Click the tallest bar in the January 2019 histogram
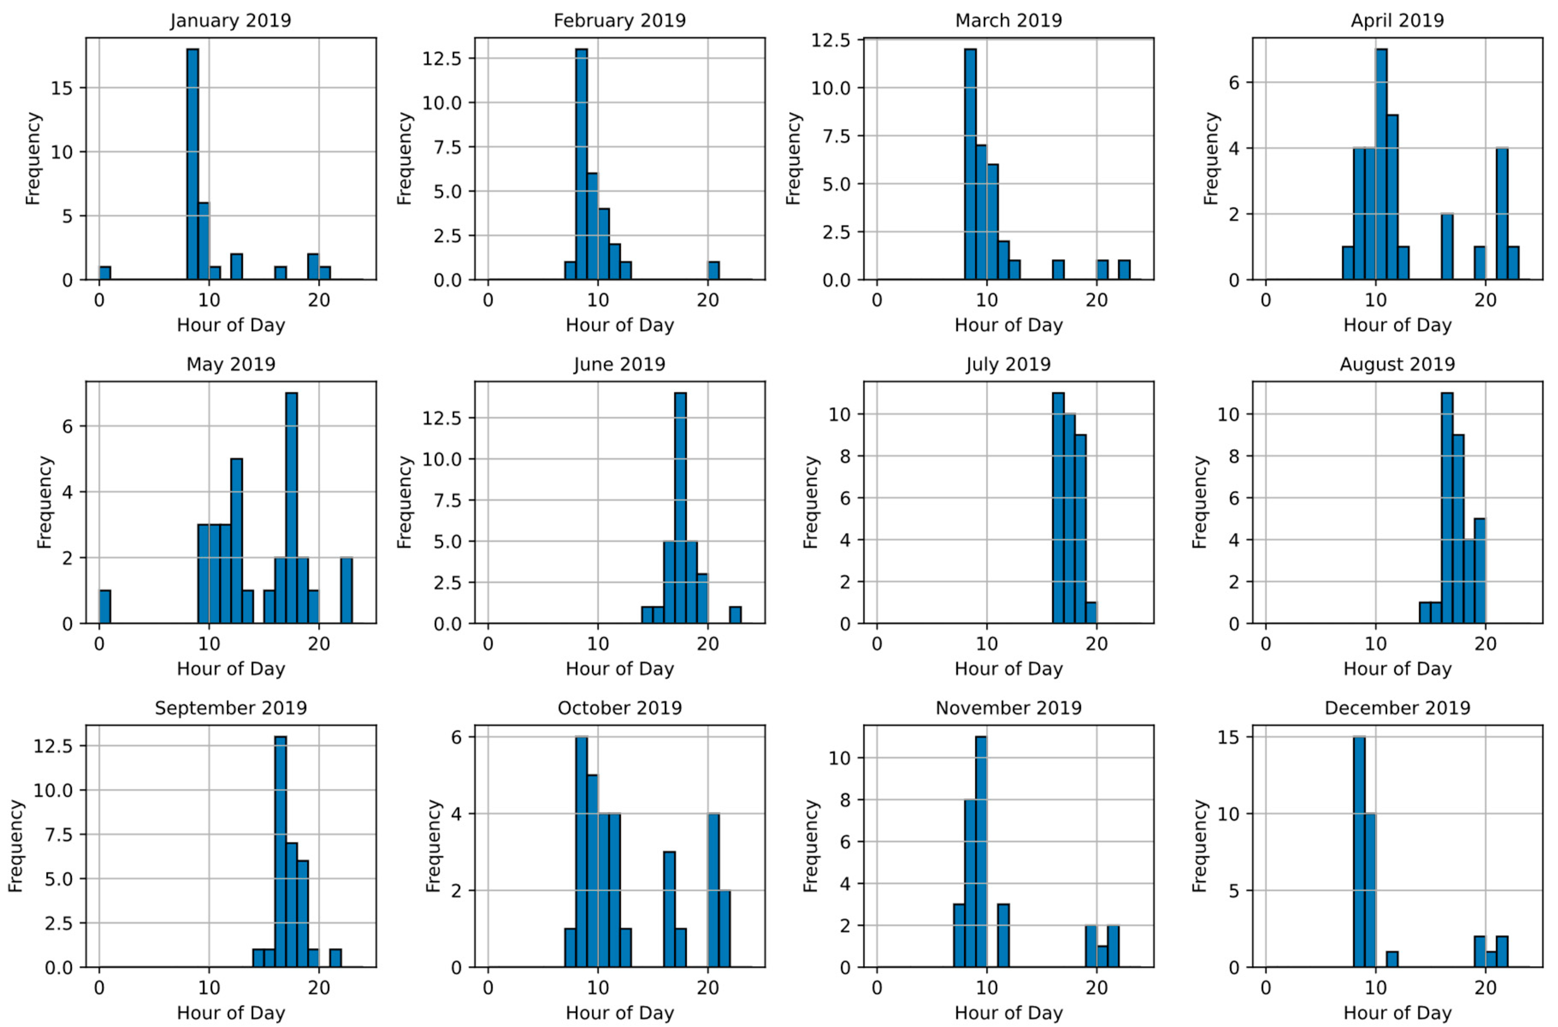click(x=192, y=164)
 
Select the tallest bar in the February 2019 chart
click(x=581, y=164)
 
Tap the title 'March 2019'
click(x=1008, y=20)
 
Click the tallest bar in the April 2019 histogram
click(x=1381, y=164)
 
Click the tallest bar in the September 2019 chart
click(x=280, y=852)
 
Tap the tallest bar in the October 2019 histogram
click(x=581, y=852)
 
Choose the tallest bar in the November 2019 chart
click(x=981, y=852)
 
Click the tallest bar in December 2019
click(x=1359, y=852)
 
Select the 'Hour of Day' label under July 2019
click(x=1008, y=669)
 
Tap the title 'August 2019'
click(x=1397, y=364)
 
